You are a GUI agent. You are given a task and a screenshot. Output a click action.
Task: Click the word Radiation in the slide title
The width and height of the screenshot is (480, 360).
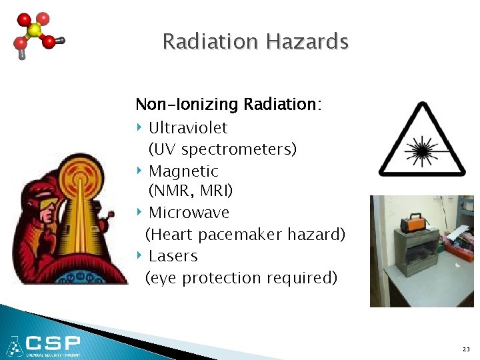coord(210,42)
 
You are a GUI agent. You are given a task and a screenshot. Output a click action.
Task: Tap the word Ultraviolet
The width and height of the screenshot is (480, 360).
coord(188,127)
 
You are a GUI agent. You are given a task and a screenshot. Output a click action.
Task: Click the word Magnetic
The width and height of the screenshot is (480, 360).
coord(183,171)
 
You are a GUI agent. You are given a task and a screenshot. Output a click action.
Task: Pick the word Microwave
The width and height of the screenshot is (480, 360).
coord(189,213)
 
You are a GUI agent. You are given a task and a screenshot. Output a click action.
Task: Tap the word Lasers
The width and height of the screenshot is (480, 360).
coord(173,256)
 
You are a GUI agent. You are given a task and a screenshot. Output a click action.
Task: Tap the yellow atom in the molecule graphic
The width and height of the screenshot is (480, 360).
coord(33,31)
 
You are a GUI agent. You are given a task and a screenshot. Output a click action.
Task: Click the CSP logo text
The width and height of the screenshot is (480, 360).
coord(53,344)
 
